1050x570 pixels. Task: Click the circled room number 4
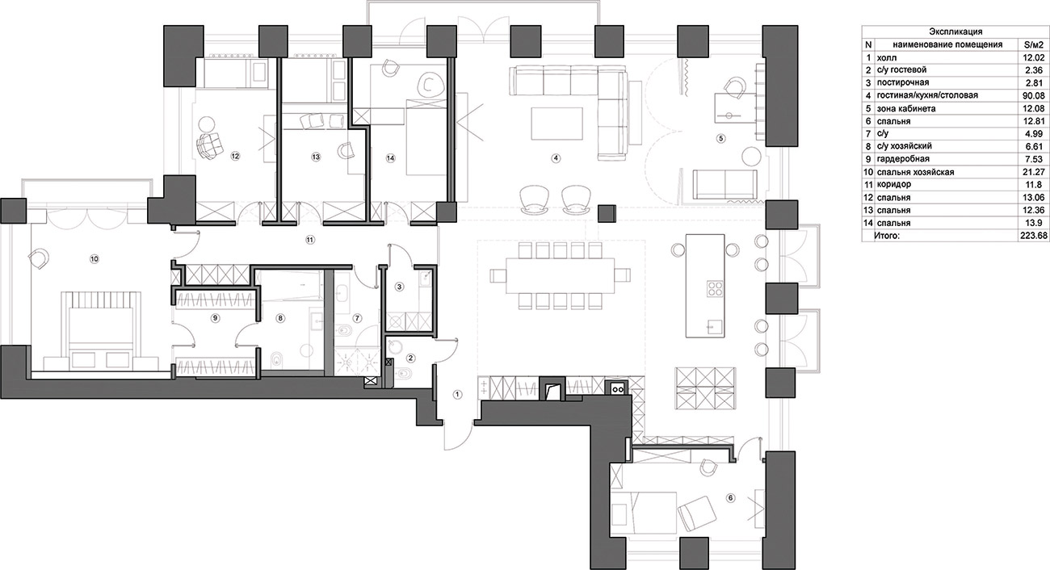click(556, 158)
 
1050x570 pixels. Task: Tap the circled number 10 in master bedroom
click(94, 258)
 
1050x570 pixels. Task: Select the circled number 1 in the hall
click(457, 395)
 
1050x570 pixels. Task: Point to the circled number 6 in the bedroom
click(730, 498)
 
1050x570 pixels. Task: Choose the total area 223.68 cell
click(1033, 236)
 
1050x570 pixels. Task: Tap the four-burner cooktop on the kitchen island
click(714, 287)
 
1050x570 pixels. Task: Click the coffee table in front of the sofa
click(556, 124)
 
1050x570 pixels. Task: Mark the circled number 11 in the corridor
click(310, 240)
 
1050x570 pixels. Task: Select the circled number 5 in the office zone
click(721, 138)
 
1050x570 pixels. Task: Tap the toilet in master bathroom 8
click(278, 359)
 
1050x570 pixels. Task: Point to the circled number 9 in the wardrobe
click(215, 318)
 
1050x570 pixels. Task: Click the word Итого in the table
click(887, 236)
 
